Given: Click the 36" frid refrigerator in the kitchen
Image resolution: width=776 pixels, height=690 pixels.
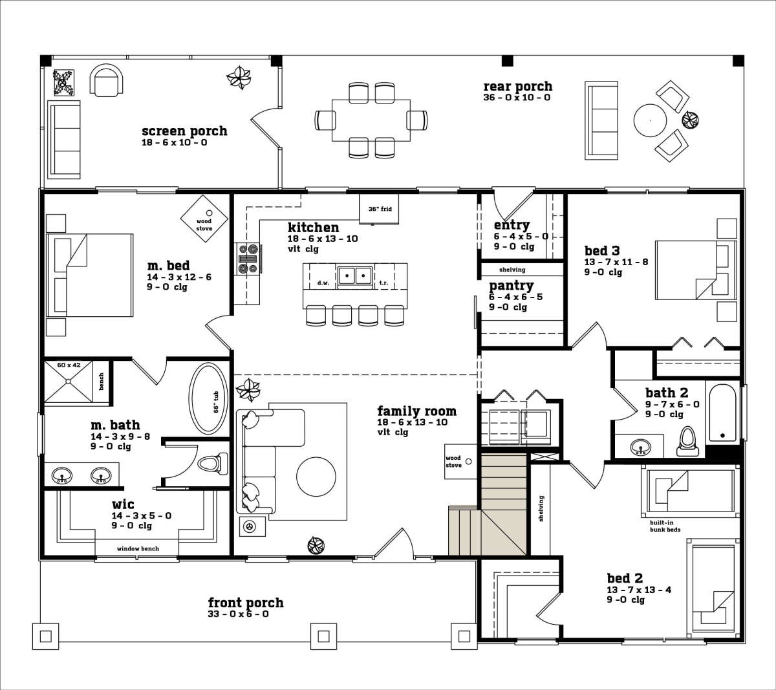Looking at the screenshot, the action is click(x=379, y=209).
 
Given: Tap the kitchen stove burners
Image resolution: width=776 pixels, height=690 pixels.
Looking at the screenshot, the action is click(x=248, y=259).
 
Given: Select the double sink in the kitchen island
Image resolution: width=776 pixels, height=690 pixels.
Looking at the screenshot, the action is click(x=355, y=275).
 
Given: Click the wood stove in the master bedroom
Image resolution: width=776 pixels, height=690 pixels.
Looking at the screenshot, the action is click(x=204, y=219).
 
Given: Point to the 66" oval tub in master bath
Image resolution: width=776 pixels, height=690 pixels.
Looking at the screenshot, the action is click(x=209, y=398).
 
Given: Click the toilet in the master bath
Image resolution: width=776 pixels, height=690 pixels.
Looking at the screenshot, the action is click(x=213, y=464).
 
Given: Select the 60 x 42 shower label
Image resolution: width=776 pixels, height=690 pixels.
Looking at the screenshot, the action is click(x=69, y=365).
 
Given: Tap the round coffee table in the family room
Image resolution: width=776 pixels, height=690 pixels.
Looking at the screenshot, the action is click(x=316, y=477).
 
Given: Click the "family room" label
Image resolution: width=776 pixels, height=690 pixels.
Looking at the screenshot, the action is click(x=416, y=411).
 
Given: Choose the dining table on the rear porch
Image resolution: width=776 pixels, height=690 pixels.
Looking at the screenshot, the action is click(x=371, y=120).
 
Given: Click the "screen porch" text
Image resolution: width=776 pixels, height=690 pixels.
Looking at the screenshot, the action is click(x=184, y=131).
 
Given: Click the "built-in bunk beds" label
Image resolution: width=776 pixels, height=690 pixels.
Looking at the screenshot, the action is click(x=665, y=526).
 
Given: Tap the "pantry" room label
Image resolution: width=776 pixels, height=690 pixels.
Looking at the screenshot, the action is click(x=511, y=285).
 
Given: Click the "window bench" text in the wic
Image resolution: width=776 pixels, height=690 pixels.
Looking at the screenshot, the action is click(x=138, y=548).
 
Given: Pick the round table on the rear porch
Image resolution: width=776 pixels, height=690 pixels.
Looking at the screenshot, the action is click(x=650, y=120).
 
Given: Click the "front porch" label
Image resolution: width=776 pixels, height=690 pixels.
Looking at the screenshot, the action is click(x=246, y=603).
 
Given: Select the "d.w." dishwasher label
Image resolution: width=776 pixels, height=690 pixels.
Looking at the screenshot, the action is click(x=323, y=283).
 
